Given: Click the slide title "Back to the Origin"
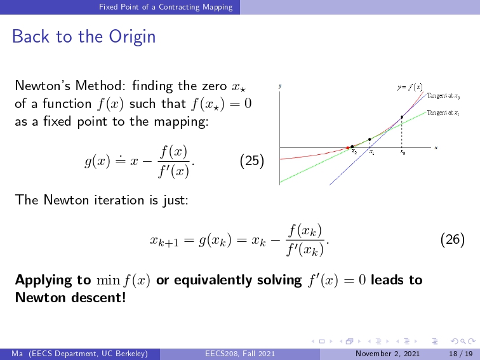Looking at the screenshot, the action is point(84,36).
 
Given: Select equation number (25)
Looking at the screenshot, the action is point(252,161).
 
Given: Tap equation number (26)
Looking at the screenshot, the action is point(453,239).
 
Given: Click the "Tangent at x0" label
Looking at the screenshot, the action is point(443,96).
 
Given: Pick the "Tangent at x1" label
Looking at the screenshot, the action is point(443,113).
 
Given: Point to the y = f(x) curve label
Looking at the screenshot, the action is point(410,87).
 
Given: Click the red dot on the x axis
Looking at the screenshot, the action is point(347,148).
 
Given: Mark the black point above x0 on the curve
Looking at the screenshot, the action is point(402,117).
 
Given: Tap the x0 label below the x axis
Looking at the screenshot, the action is point(403,152).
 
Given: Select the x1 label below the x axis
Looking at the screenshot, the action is point(371,152).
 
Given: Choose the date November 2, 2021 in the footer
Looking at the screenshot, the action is point(387,354).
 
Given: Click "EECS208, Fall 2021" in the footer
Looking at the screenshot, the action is point(240,354).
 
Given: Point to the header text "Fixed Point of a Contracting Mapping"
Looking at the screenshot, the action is point(166,7).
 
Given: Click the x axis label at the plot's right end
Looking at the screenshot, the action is point(436,148).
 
